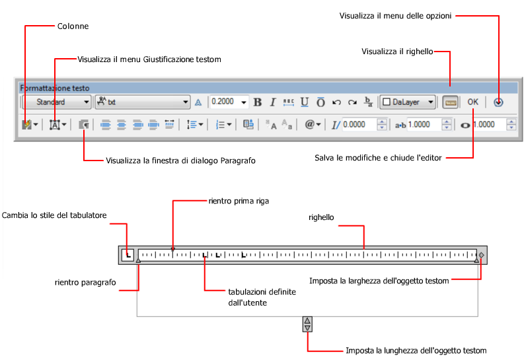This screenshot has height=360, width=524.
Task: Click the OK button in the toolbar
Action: point(472,102)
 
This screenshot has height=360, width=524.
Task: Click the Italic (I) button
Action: point(272,102)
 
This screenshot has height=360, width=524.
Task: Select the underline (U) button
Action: point(305,102)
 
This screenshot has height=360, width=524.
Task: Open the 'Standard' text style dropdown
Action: point(57,102)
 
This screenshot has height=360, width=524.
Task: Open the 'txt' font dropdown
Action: point(143,102)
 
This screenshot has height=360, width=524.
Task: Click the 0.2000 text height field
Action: point(224,102)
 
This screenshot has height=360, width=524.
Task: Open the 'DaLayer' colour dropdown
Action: point(408,102)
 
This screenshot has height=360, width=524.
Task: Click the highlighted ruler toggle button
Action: point(451,102)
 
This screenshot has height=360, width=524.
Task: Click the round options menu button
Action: point(499,102)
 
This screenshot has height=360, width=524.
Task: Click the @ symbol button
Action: point(313,124)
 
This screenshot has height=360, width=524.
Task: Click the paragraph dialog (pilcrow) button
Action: point(84,124)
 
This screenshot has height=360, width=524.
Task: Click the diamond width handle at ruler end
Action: point(482,254)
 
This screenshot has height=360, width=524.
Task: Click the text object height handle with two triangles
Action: point(307,324)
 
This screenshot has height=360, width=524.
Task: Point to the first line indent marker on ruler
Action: point(173,249)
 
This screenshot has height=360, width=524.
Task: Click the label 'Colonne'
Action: point(72,26)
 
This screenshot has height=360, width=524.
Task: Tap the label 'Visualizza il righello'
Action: point(397,52)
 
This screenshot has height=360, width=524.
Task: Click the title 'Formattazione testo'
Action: point(55,88)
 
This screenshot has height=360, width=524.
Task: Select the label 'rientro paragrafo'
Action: point(85,282)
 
